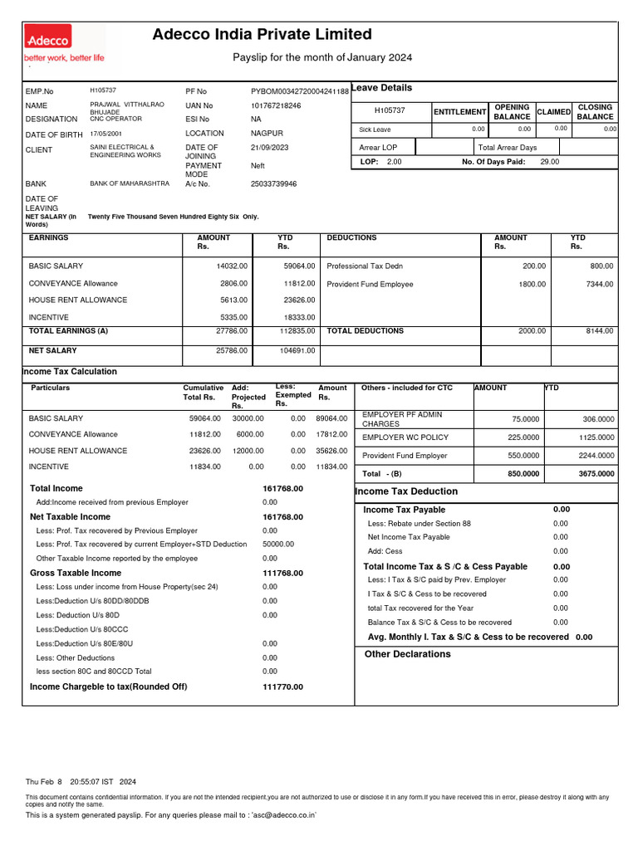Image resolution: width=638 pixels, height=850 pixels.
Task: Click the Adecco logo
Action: [48, 37]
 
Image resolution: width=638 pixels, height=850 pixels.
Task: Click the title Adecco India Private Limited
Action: [263, 34]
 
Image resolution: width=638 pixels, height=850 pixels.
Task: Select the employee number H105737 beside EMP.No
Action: [103, 89]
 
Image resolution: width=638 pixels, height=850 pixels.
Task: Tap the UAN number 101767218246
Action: [276, 106]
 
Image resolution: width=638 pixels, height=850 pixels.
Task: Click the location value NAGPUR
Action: [267, 133]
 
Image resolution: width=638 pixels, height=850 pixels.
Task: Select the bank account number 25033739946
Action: [273, 183]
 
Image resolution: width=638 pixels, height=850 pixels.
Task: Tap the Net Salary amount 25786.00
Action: [233, 350]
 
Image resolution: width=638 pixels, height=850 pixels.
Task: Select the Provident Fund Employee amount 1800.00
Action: [531, 284]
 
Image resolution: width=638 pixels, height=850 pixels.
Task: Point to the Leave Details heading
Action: [382, 88]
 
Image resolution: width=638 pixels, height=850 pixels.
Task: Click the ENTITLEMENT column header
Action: [459, 112]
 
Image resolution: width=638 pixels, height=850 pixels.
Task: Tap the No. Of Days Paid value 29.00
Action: [549, 162]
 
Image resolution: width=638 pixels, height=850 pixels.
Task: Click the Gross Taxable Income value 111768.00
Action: [282, 573]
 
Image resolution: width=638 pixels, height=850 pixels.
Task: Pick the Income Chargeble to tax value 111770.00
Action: [282, 686]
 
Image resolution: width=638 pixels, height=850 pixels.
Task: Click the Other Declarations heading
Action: [407, 654]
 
